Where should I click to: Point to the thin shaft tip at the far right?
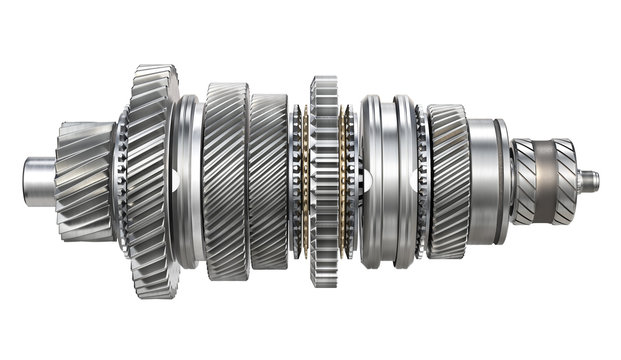(x=591, y=181)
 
